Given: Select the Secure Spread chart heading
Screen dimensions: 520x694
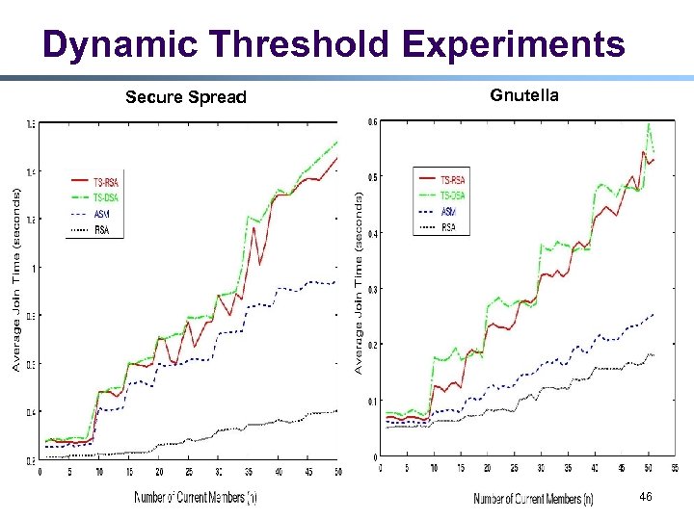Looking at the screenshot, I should (186, 97).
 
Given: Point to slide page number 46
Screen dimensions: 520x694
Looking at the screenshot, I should (645, 496).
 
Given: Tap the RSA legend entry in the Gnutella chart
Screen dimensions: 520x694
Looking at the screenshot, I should (449, 227).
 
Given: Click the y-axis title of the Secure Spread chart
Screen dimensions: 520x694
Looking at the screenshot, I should (16, 280).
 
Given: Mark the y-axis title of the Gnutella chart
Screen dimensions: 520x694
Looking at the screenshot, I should (359, 284).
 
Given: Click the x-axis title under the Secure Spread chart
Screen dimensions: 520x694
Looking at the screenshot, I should (196, 497).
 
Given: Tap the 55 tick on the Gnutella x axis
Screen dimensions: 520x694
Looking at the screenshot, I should (673, 469).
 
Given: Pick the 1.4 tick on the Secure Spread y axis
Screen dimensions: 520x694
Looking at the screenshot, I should (32, 171).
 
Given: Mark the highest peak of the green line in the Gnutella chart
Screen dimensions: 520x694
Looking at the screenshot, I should (649, 123).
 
